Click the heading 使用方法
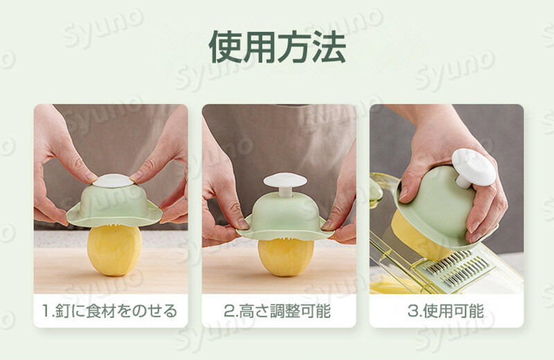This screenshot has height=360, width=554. tap(277, 47)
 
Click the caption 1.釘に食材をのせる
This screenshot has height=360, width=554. tap(110, 311)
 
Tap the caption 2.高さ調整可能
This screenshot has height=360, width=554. tap(278, 311)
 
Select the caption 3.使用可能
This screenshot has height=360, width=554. tap(446, 311)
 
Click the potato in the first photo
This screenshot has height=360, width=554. tap(114, 250)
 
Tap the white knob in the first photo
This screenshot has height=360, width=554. tap(113, 181)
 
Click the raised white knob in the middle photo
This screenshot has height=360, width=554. tap(285, 180)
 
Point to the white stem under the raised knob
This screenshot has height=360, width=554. tap(285, 192)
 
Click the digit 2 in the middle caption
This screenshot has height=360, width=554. tap(229, 312)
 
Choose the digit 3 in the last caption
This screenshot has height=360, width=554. tap(413, 312)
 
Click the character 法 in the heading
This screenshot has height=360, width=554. tap(328, 47)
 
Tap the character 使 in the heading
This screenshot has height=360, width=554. tap(226, 47)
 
